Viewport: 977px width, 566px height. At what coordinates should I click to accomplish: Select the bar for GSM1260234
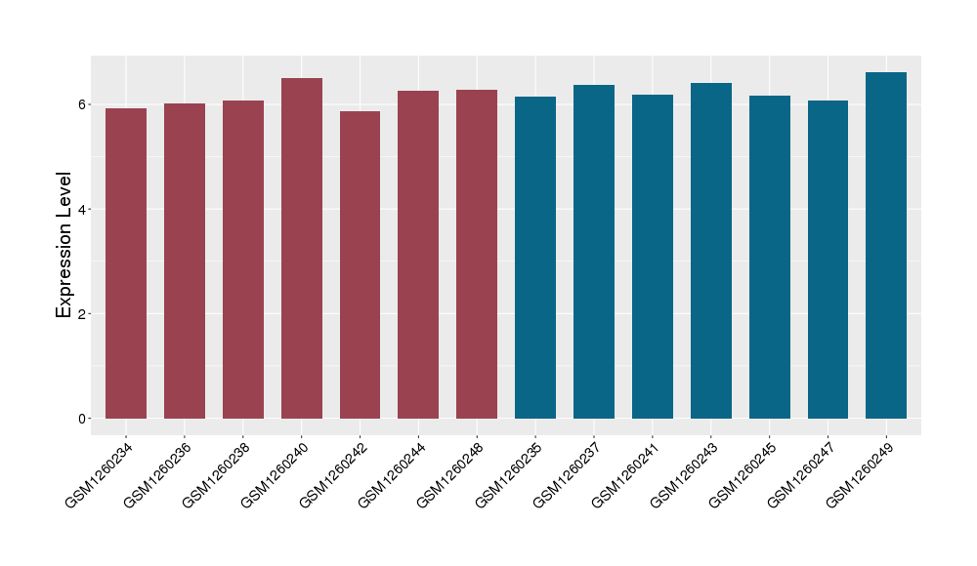click(126, 263)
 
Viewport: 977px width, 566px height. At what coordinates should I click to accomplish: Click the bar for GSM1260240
click(302, 248)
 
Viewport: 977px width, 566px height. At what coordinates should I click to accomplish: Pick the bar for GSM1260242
click(360, 264)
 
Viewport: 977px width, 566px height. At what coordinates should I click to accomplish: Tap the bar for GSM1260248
click(477, 254)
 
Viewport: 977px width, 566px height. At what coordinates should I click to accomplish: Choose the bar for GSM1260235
click(535, 258)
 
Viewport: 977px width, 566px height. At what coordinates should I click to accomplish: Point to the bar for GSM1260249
click(886, 245)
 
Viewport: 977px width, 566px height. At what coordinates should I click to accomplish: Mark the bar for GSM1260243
click(711, 251)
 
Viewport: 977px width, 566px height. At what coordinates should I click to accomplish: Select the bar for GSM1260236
click(185, 261)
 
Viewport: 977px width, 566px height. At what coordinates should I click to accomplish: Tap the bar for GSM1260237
click(594, 252)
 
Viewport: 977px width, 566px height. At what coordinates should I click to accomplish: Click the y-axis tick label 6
click(83, 104)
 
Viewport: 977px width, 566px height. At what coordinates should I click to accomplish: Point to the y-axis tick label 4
click(83, 209)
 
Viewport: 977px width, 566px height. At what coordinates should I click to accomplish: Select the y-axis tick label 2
click(83, 314)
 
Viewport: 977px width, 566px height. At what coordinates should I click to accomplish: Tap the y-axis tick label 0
click(83, 419)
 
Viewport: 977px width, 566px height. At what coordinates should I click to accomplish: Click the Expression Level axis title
click(64, 245)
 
